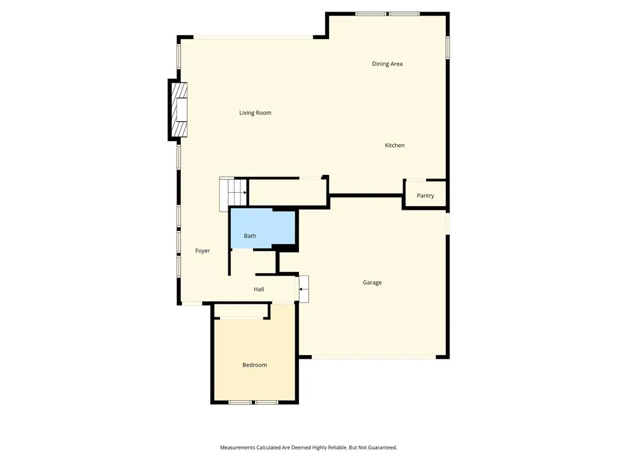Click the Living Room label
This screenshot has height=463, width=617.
(x=255, y=113)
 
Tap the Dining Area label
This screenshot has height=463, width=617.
(x=387, y=64)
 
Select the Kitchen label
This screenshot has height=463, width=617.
(x=395, y=145)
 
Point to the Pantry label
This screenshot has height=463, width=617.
(x=425, y=196)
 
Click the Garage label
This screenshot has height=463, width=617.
(x=372, y=283)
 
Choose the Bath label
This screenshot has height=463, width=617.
(x=250, y=236)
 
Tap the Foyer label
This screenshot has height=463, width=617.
(x=202, y=251)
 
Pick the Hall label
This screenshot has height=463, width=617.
(x=259, y=289)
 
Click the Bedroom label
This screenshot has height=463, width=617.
(x=255, y=365)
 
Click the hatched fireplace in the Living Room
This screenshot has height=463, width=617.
(x=180, y=110)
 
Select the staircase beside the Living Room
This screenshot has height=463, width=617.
(x=233, y=194)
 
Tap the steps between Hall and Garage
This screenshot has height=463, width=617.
(x=304, y=289)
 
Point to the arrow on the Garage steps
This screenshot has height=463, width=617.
(x=302, y=289)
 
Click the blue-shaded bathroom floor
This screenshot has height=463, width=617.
(x=263, y=228)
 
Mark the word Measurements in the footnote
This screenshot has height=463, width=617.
(x=237, y=448)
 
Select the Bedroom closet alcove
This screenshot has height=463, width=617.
(x=241, y=311)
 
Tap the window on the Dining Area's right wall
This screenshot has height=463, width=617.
(x=448, y=48)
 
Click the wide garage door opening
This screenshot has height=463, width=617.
(x=374, y=357)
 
